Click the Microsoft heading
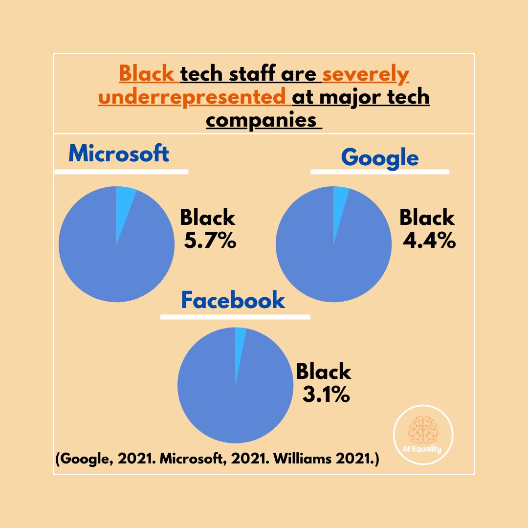pyautogui.click(x=119, y=154)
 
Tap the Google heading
pyautogui.click(x=380, y=158)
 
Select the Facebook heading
pyautogui.click(x=233, y=300)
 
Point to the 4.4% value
pyautogui.click(x=429, y=241)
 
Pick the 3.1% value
pyautogui.click(x=326, y=395)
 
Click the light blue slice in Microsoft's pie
pyautogui.click(x=124, y=200)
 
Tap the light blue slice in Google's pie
pyautogui.click(x=340, y=200)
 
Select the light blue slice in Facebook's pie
pyautogui.click(x=240, y=342)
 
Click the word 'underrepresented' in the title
pyautogui.click(x=192, y=97)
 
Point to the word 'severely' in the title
pyautogui.click(x=366, y=75)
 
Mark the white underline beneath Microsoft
pyautogui.click(x=121, y=172)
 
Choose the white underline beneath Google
pyautogui.click(x=380, y=172)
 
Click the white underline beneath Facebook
pyautogui.click(x=235, y=317)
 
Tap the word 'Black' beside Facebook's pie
pyautogui.click(x=324, y=372)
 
